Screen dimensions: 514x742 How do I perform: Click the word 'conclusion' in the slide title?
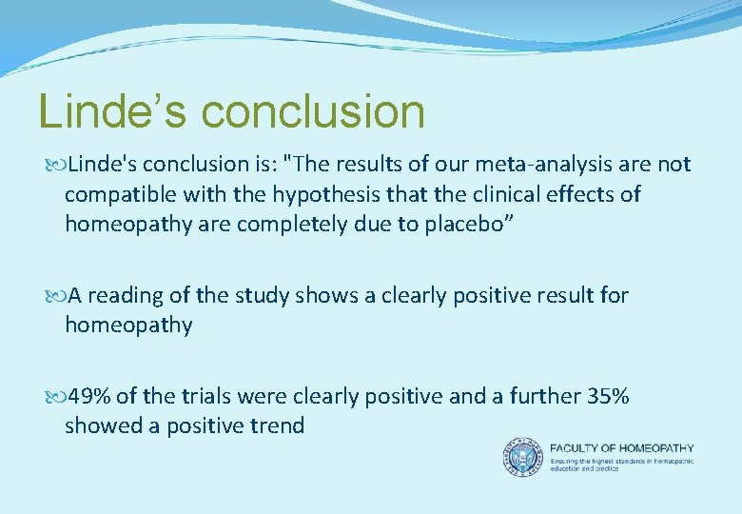[x=313, y=111]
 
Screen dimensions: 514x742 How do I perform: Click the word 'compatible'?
[x=118, y=195]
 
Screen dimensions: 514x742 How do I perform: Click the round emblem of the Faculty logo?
[x=522, y=457]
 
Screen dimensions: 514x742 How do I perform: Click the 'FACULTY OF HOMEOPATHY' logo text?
[x=622, y=448]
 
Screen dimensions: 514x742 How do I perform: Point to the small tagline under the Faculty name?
[x=622, y=465]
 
